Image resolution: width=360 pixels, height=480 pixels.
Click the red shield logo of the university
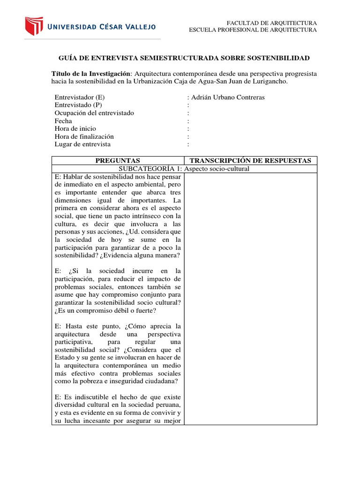click(x=34, y=26)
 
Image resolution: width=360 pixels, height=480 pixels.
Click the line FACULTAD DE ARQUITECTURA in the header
click(x=272, y=23)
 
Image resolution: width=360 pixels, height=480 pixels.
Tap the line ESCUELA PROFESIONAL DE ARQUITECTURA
click(x=253, y=30)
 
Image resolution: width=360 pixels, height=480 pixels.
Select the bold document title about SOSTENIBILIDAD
click(x=184, y=58)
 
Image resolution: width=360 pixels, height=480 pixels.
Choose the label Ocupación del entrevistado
click(x=94, y=113)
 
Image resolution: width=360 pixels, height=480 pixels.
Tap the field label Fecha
click(x=63, y=121)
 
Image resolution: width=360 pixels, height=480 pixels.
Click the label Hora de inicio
click(x=75, y=128)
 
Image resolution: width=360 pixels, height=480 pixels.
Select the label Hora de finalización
click(x=84, y=136)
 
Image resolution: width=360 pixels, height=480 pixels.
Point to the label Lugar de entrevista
click(x=82, y=144)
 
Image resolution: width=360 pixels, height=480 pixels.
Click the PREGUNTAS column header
click(x=118, y=161)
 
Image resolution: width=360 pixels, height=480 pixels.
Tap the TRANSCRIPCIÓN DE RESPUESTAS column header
click(x=250, y=161)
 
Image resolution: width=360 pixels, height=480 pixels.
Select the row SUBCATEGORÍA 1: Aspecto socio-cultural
click(x=184, y=169)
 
